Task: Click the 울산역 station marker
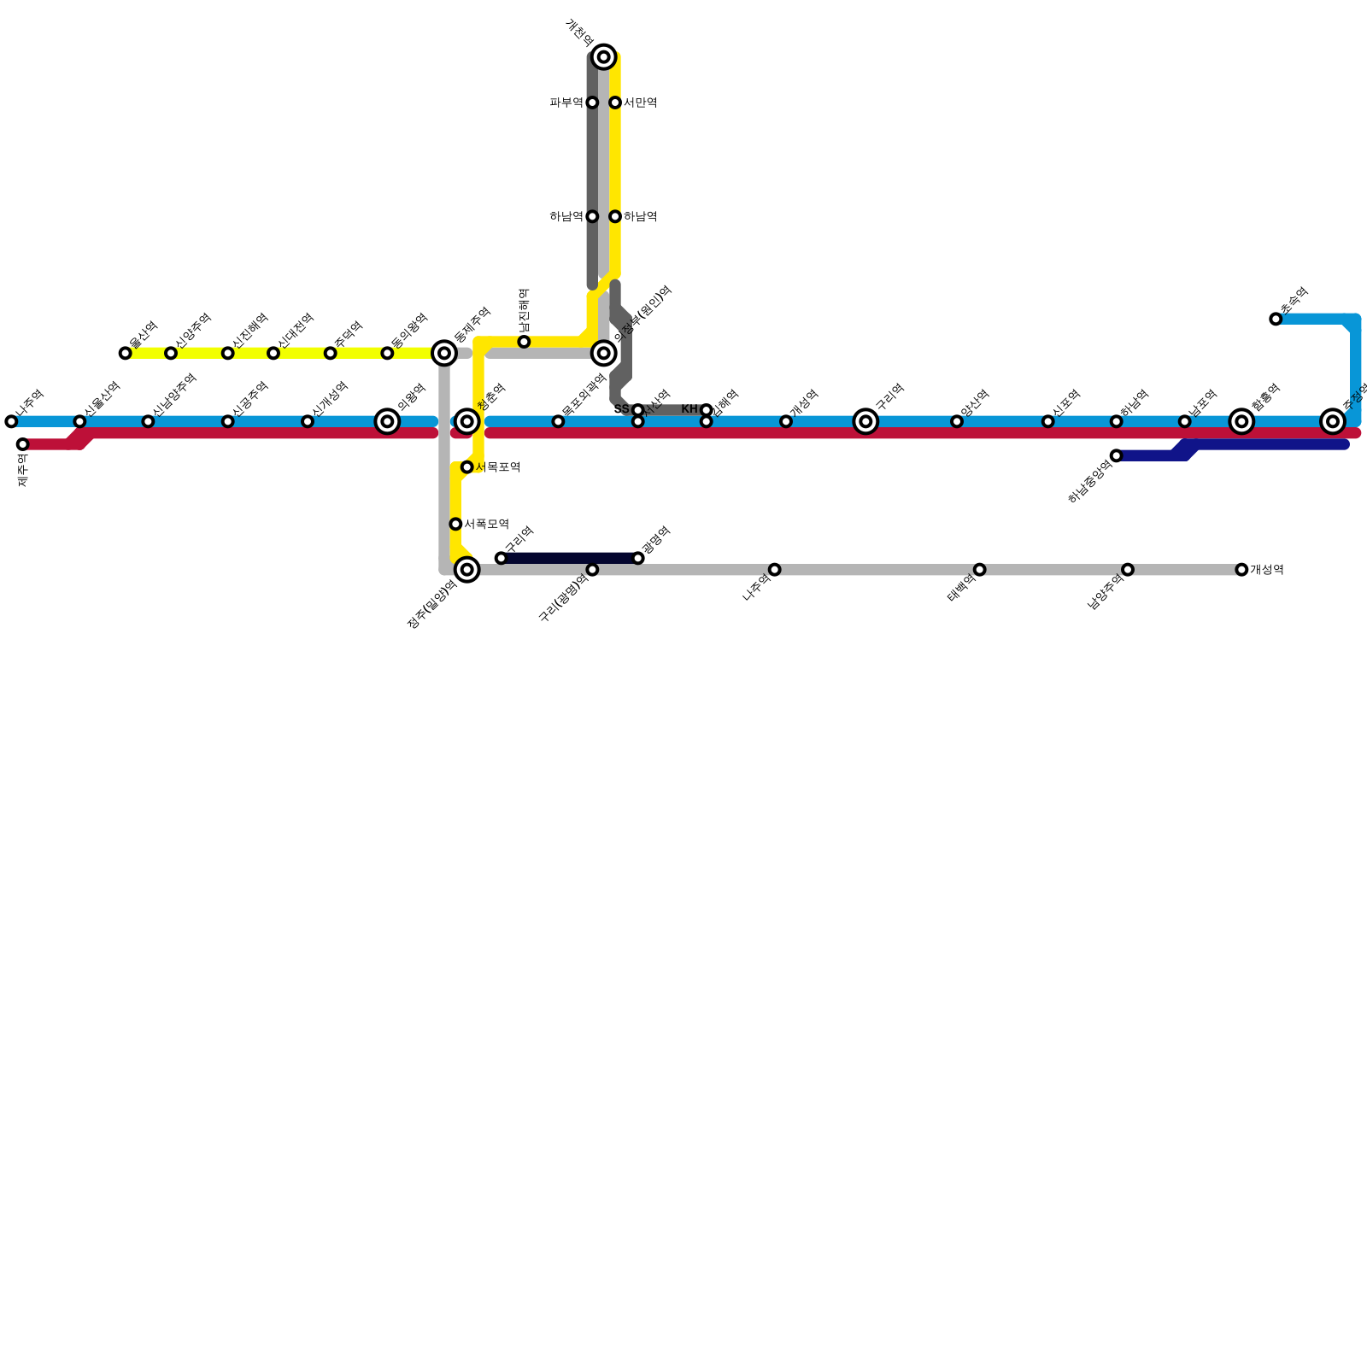pyautogui.click(x=126, y=354)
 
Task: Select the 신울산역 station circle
pyautogui.click(x=79, y=422)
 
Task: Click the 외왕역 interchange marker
pyautogui.click(x=387, y=422)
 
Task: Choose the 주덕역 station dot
pyautogui.click(x=330, y=354)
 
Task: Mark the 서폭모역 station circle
pyautogui.click(x=455, y=525)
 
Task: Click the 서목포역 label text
pyautogui.click(x=497, y=467)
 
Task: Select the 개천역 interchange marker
pyautogui.click(x=604, y=57)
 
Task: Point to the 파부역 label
pyautogui.click(x=566, y=103)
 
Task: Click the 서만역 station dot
pyautogui.click(x=615, y=103)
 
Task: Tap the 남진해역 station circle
pyautogui.click(x=524, y=343)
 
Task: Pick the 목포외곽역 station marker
pyautogui.click(x=558, y=422)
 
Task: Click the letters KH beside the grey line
pyautogui.click(x=689, y=410)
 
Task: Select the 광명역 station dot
pyautogui.click(x=638, y=559)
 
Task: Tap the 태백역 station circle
pyautogui.click(x=979, y=570)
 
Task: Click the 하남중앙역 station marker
pyautogui.click(x=1116, y=456)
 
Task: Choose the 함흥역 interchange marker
pyautogui.click(x=1241, y=422)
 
